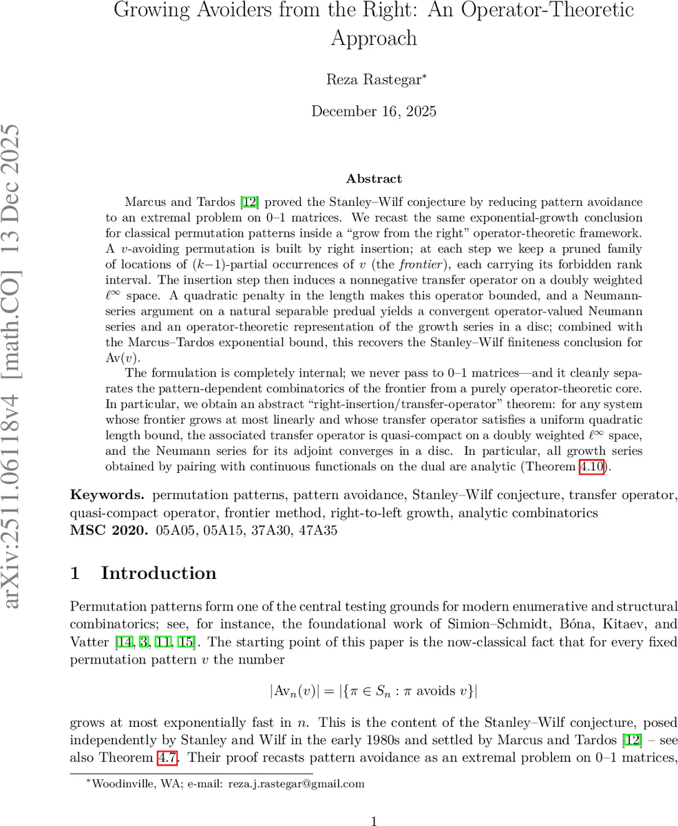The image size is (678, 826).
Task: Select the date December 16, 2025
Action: click(x=374, y=112)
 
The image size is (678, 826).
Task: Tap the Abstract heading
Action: click(x=374, y=179)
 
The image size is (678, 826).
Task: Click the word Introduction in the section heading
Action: click(x=158, y=573)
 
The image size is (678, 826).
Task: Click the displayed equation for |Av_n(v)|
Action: click(x=374, y=690)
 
